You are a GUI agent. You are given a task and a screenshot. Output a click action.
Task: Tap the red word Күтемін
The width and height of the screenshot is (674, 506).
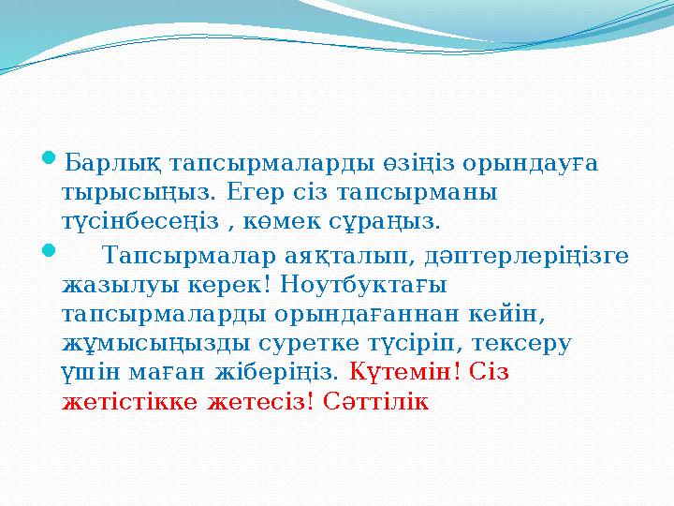[404, 372]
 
